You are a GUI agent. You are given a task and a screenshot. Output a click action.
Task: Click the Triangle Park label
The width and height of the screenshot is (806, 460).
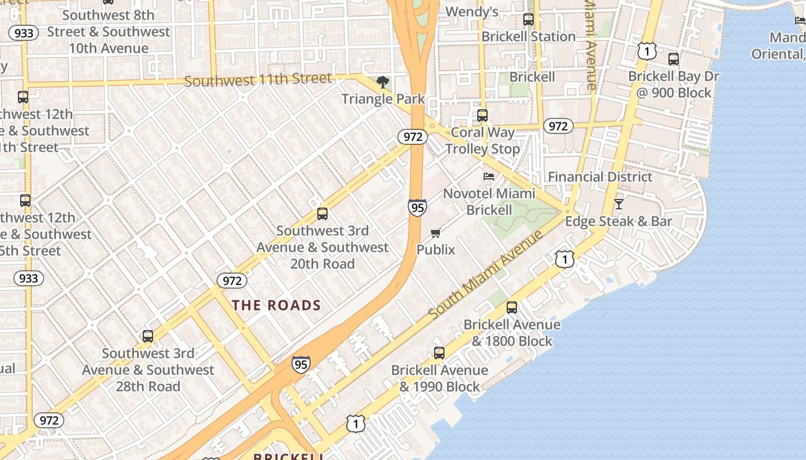pos(383,99)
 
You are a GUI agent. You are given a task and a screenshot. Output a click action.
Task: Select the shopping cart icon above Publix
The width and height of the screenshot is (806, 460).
pos(436,233)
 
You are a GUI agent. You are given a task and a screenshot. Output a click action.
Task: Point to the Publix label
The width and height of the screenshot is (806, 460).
pos(436,250)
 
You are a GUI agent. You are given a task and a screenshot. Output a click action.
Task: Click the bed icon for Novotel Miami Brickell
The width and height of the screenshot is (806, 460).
pos(489,177)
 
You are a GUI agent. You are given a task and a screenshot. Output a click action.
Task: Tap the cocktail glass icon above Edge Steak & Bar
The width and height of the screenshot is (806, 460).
pos(618,204)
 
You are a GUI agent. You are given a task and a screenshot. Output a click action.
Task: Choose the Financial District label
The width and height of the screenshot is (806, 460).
pos(600,177)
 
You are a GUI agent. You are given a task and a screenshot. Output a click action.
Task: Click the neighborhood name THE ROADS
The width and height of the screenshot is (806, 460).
pos(276,305)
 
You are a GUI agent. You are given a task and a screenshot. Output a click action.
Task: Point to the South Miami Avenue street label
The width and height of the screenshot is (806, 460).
pos(485,274)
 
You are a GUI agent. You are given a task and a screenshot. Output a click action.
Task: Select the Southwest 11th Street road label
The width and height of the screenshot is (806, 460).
pos(258,80)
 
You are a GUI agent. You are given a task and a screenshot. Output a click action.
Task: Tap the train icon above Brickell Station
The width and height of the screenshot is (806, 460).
pos(529,20)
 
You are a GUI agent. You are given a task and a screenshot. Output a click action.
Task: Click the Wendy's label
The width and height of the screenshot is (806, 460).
pos(472,11)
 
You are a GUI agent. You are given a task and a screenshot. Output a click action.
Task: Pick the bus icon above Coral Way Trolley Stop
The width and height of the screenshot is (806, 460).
pos(482,116)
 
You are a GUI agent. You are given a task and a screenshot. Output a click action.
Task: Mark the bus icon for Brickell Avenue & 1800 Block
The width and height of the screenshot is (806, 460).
pos(512,308)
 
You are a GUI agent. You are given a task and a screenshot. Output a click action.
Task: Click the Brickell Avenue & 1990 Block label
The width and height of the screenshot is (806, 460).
pos(440,378)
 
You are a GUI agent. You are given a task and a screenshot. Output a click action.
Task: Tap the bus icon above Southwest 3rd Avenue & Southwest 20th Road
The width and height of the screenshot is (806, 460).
pos(322,214)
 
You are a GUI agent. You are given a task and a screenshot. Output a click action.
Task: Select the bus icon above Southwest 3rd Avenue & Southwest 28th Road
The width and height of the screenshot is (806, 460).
pos(148,336)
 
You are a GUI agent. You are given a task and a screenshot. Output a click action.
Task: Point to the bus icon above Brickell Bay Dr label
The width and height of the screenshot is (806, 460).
pos(674,59)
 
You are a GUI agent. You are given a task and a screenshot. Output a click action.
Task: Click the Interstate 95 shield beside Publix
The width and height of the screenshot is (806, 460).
pos(417,207)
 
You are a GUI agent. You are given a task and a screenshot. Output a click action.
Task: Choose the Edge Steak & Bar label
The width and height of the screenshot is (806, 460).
pos(618,221)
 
